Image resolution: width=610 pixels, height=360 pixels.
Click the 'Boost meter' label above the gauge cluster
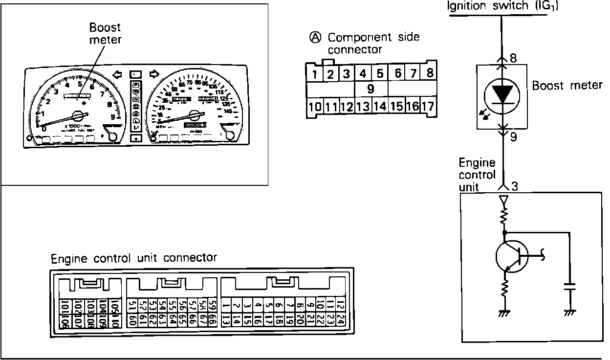(x=105, y=33)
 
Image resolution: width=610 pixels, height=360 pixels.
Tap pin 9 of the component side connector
(x=370, y=89)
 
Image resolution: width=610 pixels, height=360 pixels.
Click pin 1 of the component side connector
(x=315, y=74)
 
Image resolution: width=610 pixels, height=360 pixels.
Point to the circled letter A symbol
(x=315, y=37)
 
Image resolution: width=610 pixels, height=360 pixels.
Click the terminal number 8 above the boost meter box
(x=513, y=57)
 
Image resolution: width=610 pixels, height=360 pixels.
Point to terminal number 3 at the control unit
(x=514, y=186)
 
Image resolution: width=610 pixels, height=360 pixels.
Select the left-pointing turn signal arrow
(x=117, y=74)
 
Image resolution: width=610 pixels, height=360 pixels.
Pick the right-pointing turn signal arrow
(x=154, y=74)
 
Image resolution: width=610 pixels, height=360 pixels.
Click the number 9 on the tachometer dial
(x=113, y=117)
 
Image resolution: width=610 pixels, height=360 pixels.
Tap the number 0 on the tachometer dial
(x=44, y=129)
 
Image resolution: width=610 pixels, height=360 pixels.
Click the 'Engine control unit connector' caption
(x=134, y=258)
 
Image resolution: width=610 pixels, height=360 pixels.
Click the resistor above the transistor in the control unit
(x=504, y=216)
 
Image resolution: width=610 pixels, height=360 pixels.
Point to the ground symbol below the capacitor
(x=568, y=312)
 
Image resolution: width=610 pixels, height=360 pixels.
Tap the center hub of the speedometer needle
(x=195, y=115)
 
